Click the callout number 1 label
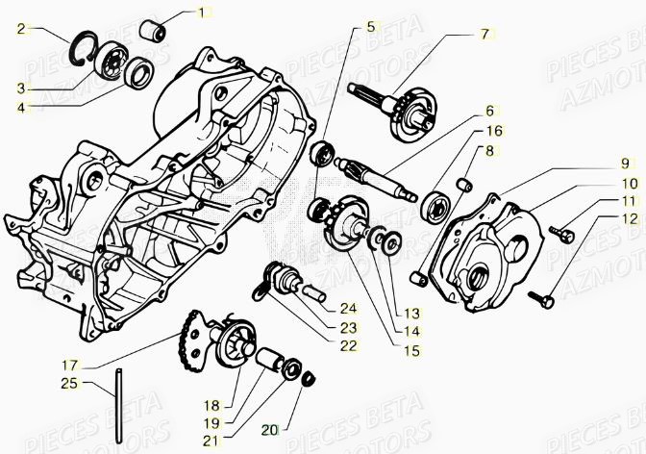[202, 13]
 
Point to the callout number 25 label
[69, 384]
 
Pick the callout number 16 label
[492, 130]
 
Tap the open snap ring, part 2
[86, 50]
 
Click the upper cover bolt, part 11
[561, 231]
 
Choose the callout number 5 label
[370, 27]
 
